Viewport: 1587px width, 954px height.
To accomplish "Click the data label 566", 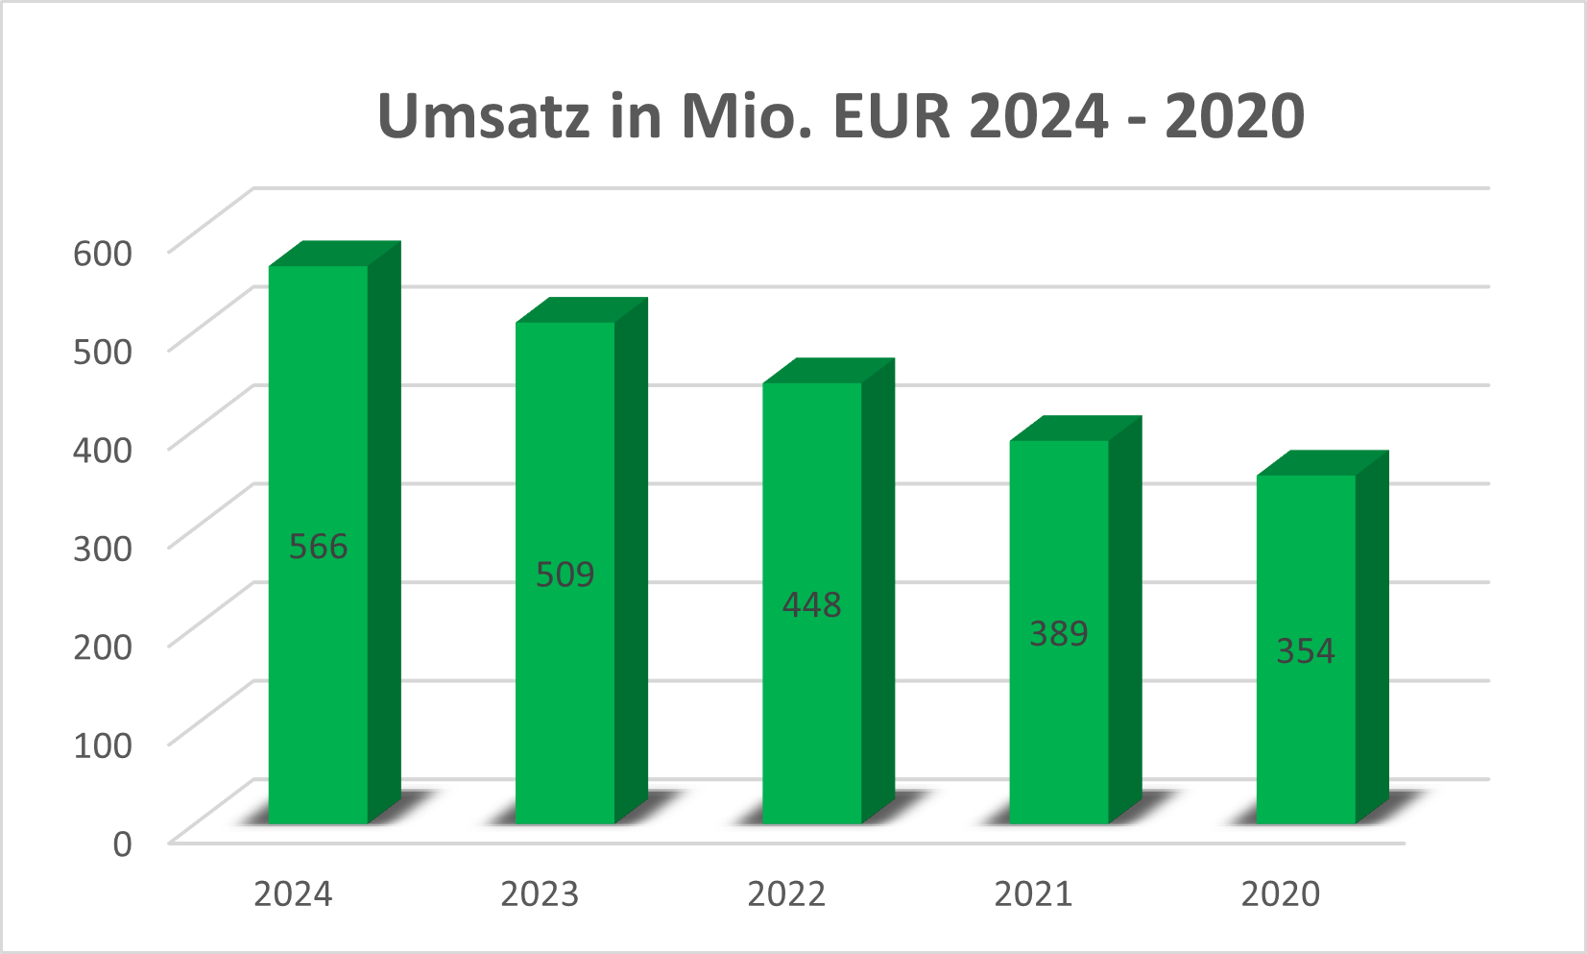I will point(319,547).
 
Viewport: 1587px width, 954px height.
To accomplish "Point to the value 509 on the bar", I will point(565,575).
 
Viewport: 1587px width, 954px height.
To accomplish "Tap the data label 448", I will point(812,604).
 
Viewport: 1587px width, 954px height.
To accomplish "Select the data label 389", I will point(1059,633).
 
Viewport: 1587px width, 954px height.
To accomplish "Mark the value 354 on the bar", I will point(1306,650).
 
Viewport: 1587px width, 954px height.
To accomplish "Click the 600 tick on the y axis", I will point(103,253).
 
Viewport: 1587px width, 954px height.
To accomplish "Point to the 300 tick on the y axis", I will point(103,548).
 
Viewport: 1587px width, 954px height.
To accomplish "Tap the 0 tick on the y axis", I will point(122,844).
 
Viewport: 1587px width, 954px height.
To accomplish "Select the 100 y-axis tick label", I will point(103,745).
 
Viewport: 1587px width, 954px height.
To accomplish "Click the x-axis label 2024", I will point(293,894).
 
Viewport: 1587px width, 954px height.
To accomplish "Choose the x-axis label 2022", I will point(786,894).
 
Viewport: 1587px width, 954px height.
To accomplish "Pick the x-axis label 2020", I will point(1281,894).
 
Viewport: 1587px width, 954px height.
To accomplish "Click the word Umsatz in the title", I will point(483,116).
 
